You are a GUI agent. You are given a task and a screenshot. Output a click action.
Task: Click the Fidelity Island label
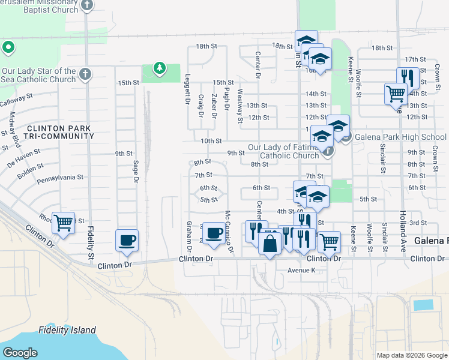[x=67, y=330]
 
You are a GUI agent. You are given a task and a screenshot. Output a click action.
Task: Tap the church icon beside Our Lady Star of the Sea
[x=85, y=74]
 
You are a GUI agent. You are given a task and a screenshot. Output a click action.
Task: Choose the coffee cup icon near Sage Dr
[x=127, y=241]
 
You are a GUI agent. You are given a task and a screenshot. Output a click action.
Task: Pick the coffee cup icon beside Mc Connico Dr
[x=214, y=233]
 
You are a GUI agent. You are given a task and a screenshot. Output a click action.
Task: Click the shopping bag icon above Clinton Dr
[x=270, y=244]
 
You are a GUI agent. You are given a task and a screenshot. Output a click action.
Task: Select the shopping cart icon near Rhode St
[x=63, y=223]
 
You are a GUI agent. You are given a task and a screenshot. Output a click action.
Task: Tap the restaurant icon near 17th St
[x=408, y=78]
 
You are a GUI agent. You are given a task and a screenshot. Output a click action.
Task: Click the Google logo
[x=20, y=353]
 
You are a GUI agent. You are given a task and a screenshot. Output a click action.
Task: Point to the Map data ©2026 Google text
[x=411, y=355]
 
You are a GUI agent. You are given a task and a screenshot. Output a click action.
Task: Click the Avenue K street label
[x=301, y=270]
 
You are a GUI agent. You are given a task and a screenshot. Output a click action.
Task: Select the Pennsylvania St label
[x=59, y=178]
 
